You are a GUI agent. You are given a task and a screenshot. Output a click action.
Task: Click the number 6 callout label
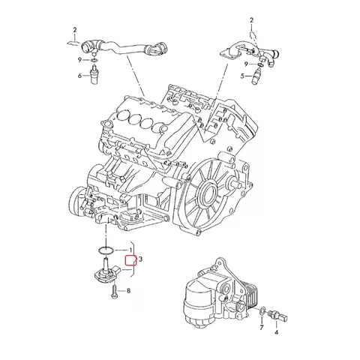coord(79,76)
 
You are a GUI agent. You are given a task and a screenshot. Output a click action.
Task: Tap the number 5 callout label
coord(242,76)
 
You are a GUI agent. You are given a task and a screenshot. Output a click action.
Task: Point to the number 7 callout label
coord(261,328)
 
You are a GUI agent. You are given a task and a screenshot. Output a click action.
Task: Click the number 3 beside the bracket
coord(140,259)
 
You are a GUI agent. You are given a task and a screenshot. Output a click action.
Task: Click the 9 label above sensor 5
coord(243,64)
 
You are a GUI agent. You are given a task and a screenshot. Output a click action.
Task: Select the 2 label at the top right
coord(252,18)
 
